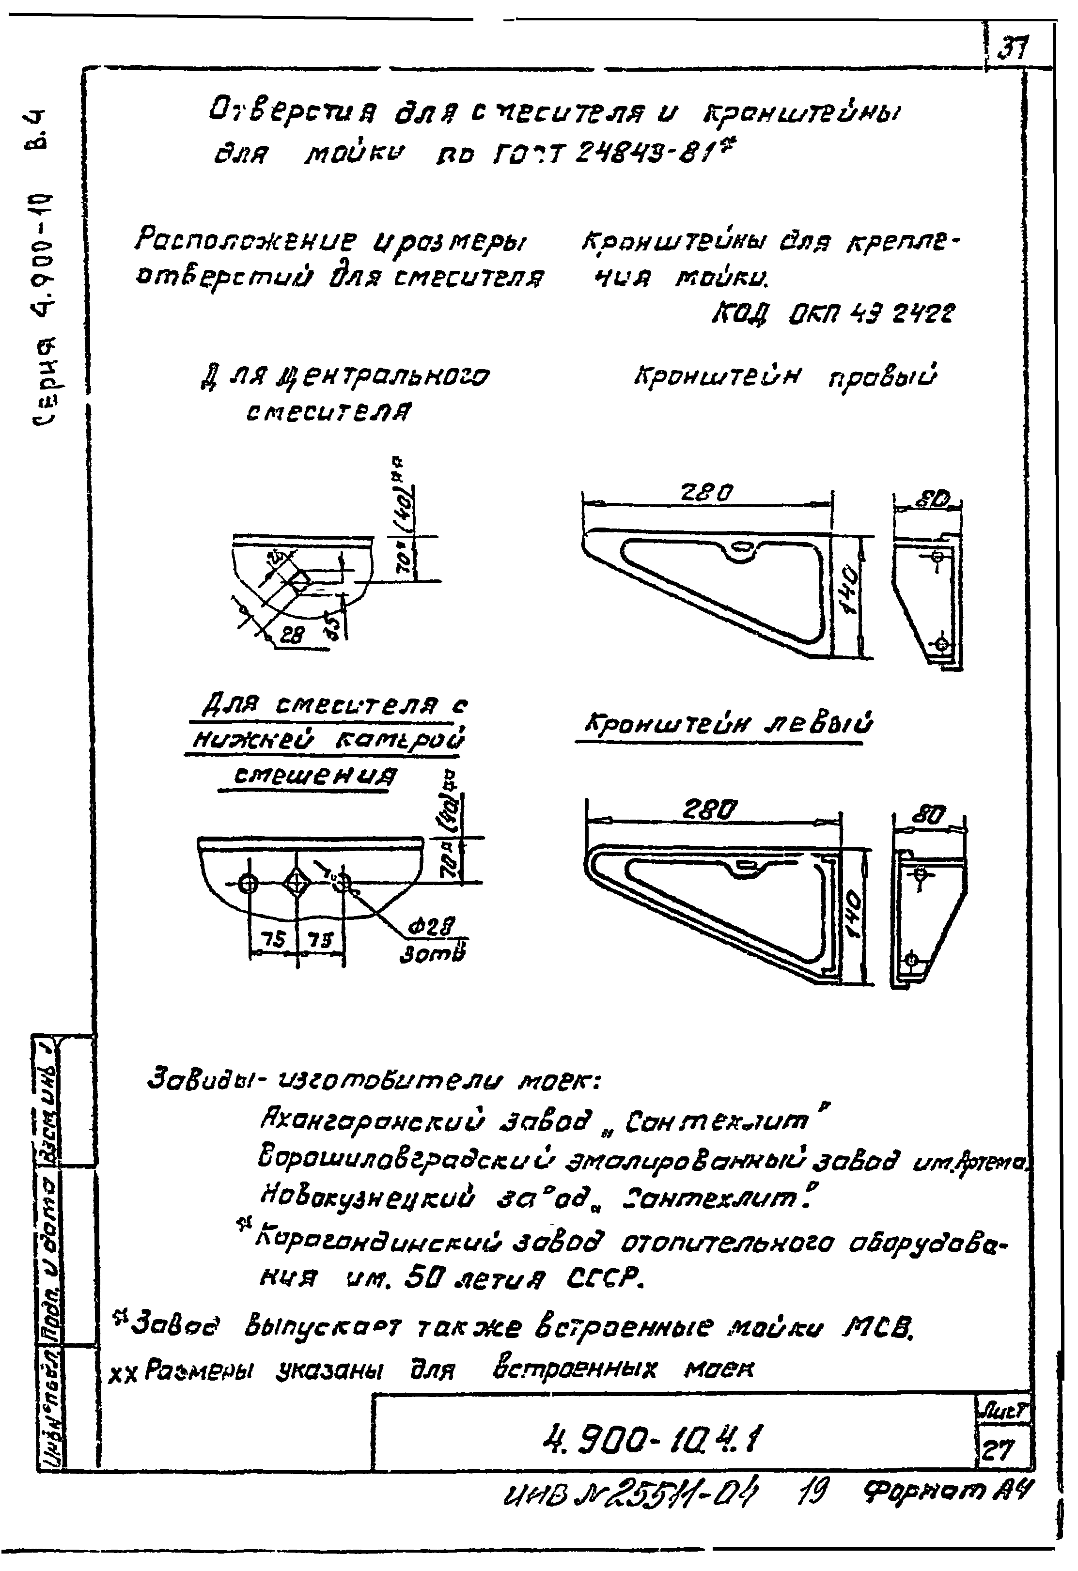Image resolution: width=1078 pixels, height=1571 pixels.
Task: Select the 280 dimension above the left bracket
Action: [x=709, y=809]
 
